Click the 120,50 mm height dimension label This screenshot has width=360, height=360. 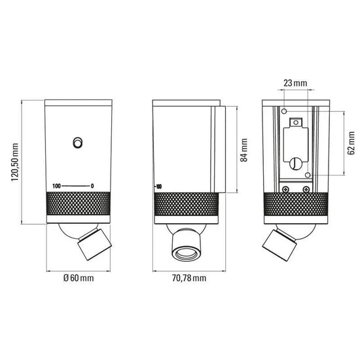(x=15, y=162)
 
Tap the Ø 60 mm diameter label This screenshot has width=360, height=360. (x=79, y=278)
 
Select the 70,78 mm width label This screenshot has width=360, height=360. (x=189, y=278)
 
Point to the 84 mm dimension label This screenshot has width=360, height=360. (x=244, y=150)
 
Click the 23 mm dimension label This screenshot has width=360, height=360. (x=295, y=83)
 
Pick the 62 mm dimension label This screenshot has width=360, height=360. (x=351, y=143)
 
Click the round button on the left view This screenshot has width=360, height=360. (x=77, y=143)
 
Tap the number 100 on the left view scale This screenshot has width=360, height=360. (x=56, y=186)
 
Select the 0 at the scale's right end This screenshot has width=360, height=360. (x=92, y=186)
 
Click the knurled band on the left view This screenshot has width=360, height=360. (x=79, y=204)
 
